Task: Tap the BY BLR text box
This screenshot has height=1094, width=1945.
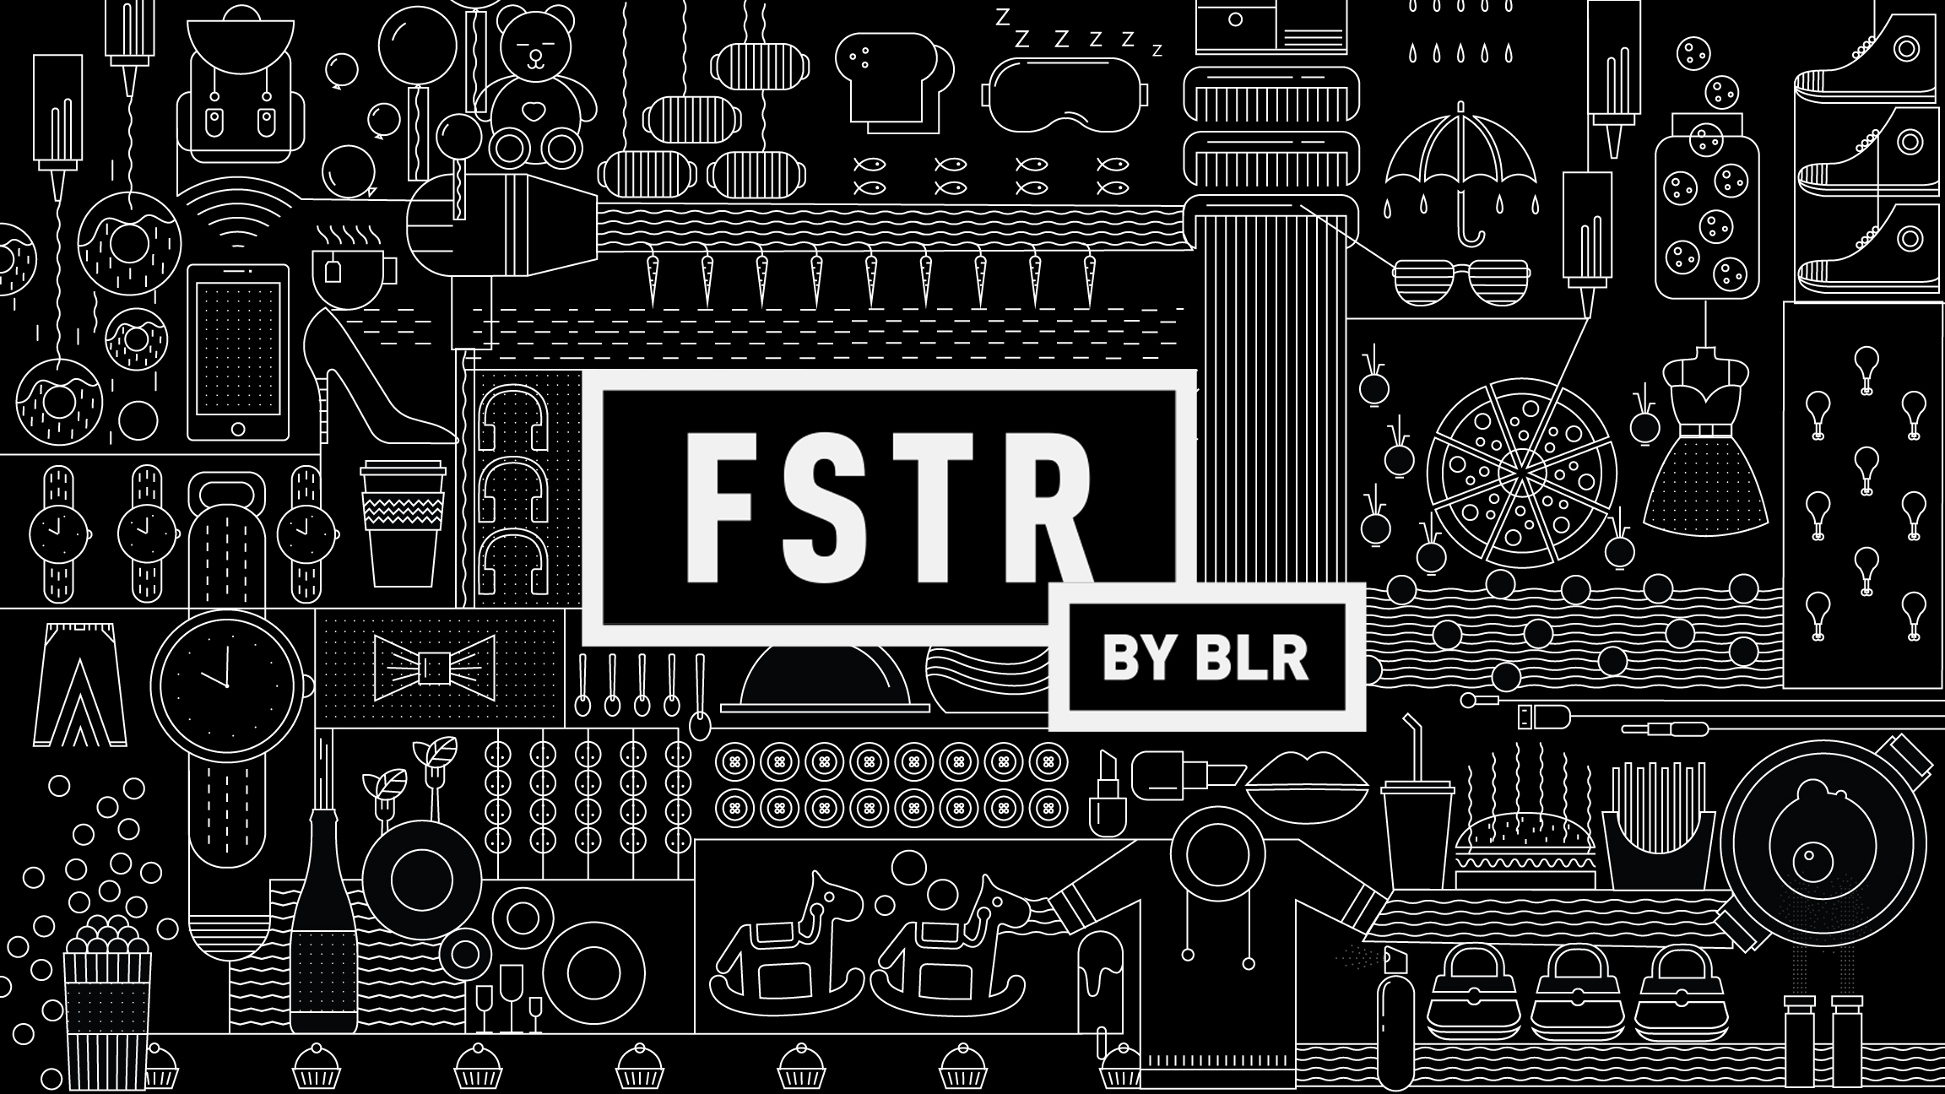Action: coord(1205,657)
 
